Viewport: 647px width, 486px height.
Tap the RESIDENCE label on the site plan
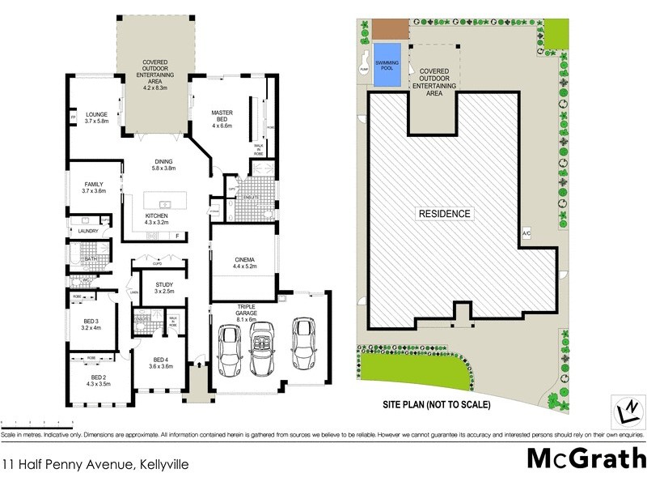[444, 214]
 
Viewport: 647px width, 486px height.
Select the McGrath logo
[586, 458]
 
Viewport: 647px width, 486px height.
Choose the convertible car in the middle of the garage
[264, 349]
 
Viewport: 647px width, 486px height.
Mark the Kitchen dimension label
[157, 221]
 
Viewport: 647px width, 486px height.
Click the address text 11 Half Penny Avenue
[74, 465]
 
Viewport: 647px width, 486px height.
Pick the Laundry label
[88, 231]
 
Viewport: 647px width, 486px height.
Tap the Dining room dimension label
[163, 168]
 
